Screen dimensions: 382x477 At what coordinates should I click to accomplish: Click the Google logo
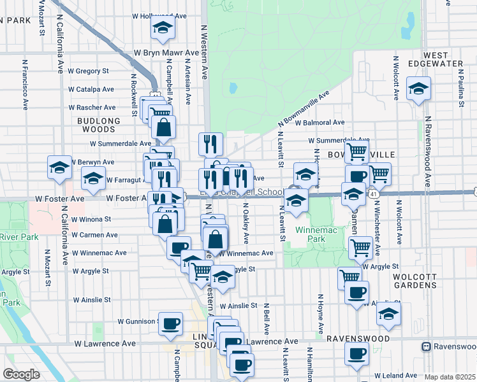tap(21, 374)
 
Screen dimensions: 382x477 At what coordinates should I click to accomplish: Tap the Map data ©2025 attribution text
tap(450, 377)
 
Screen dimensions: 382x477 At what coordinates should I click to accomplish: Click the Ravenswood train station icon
tap(426, 346)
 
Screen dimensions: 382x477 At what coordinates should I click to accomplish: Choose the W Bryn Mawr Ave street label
tap(166, 53)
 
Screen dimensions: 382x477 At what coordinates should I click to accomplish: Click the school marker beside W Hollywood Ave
tap(163, 28)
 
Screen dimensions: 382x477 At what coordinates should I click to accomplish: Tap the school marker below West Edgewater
tap(418, 89)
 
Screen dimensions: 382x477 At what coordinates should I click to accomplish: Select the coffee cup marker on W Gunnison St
tap(170, 323)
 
